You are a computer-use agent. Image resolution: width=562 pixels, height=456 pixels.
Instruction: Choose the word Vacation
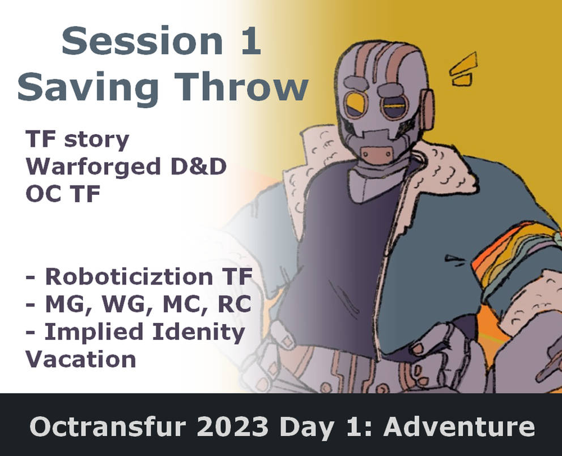coord(80,359)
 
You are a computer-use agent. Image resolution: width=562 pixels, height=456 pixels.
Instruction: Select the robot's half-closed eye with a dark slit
coord(394,104)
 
